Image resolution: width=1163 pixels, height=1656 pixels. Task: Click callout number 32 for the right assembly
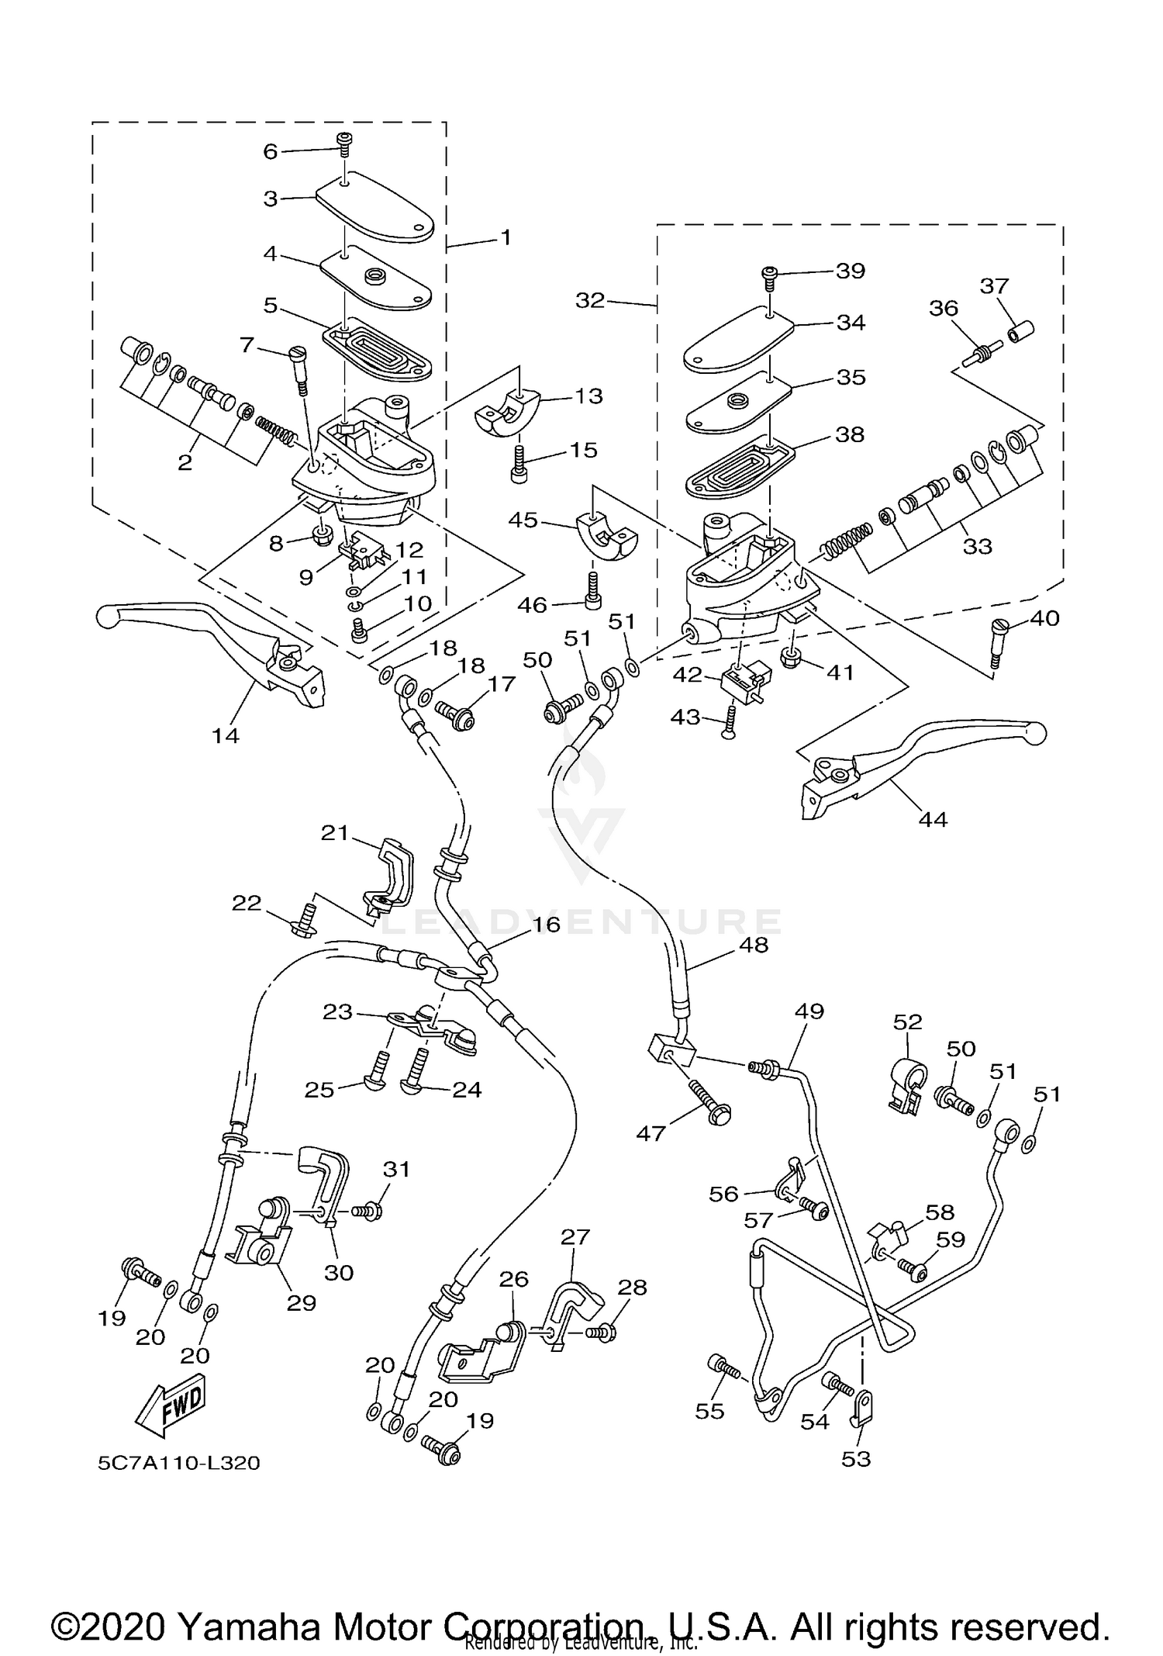590,300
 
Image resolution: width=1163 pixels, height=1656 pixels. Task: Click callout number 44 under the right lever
933,818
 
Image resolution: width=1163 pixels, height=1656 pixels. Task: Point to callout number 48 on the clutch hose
754,945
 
